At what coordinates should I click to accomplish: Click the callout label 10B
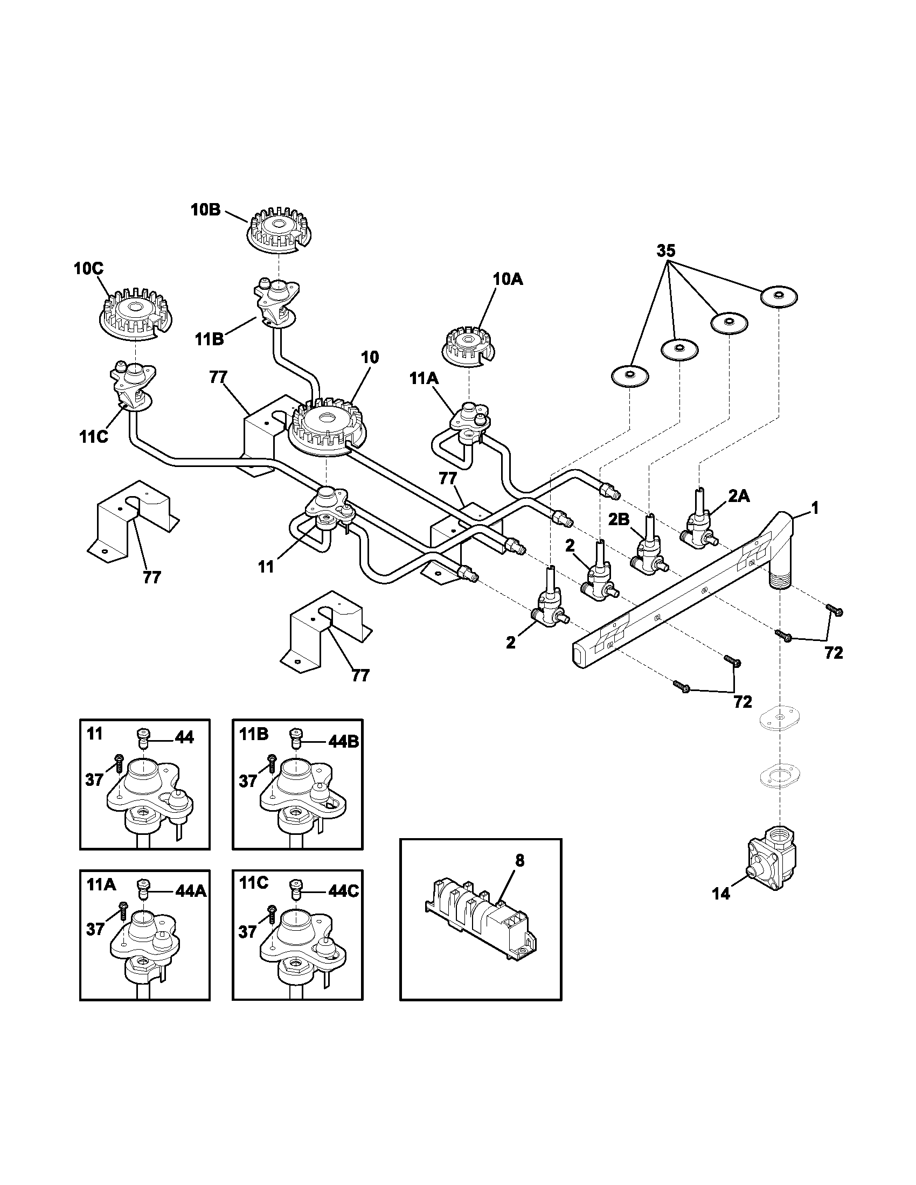205,210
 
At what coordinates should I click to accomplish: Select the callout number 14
720,894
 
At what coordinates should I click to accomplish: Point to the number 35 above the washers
666,250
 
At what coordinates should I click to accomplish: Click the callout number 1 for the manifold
814,508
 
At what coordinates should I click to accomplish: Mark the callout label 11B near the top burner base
209,339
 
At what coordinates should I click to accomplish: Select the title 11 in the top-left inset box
94,734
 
